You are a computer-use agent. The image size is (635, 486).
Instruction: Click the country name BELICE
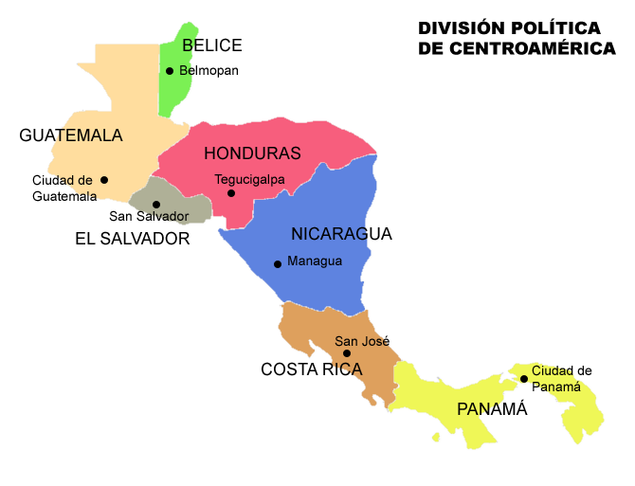click(x=212, y=45)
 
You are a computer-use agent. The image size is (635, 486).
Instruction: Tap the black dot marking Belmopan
click(x=170, y=71)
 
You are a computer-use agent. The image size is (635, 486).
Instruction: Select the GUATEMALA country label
click(x=71, y=135)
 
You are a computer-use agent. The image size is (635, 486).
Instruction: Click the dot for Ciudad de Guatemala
click(x=104, y=180)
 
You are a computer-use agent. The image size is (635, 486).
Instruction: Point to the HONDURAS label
click(x=252, y=153)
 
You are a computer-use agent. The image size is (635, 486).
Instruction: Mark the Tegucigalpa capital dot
click(x=231, y=193)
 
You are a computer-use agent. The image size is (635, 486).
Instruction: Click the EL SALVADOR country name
click(x=132, y=239)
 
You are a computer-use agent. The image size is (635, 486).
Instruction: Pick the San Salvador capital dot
click(x=156, y=205)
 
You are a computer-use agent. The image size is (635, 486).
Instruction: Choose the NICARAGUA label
click(x=341, y=234)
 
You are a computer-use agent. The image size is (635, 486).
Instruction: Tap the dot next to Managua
click(x=278, y=264)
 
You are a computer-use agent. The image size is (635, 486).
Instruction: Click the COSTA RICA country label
click(x=312, y=369)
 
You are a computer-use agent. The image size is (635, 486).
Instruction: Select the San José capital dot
click(x=347, y=353)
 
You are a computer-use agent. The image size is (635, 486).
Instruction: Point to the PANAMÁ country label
click(x=492, y=409)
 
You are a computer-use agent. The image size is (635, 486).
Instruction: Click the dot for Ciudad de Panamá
click(x=524, y=379)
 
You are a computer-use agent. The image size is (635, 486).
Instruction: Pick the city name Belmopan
click(x=209, y=70)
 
